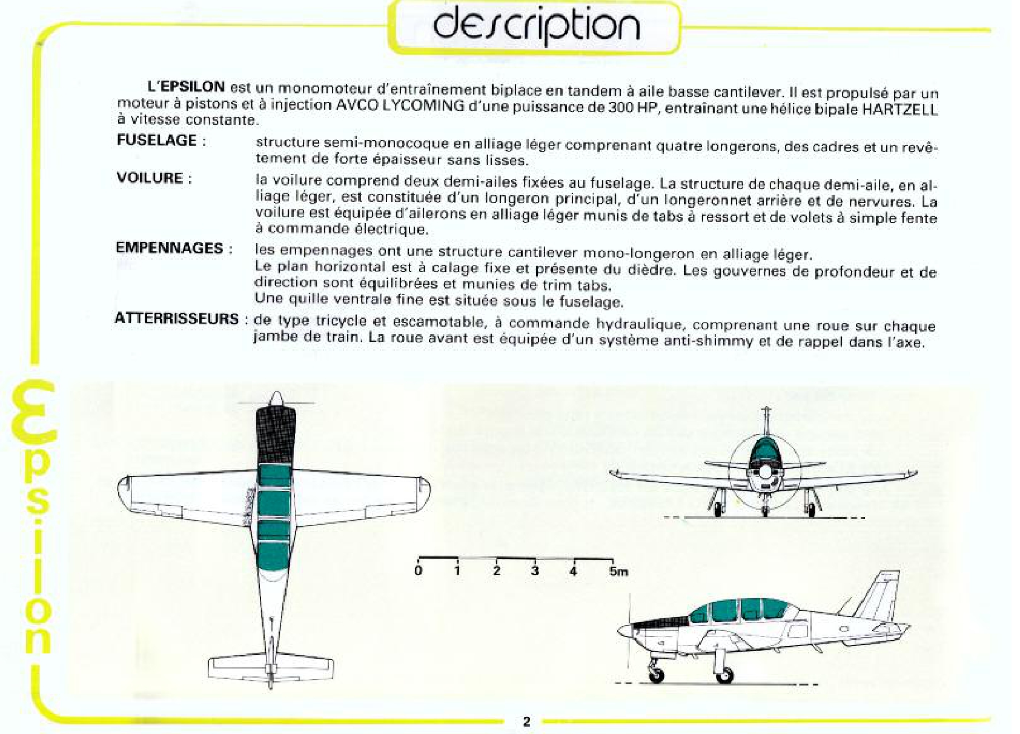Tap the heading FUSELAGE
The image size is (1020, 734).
(x=157, y=140)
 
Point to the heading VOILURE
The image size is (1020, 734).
(x=150, y=178)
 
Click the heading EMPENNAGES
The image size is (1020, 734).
(x=170, y=248)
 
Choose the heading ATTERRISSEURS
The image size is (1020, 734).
(x=177, y=318)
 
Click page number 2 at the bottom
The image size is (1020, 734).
(x=526, y=721)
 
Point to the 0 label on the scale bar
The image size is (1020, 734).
(x=418, y=571)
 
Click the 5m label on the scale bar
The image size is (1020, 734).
(x=618, y=572)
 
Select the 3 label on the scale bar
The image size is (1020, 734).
(x=535, y=571)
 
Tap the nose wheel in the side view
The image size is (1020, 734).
(x=656, y=675)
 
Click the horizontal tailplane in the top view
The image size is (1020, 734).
(x=271, y=669)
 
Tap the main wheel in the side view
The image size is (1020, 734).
(x=725, y=675)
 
